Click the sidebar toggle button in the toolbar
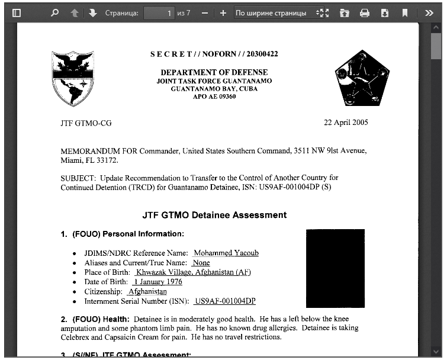tap(17, 12)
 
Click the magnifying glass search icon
tap(55, 12)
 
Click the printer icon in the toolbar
tap(365, 12)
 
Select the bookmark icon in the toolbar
tap(405, 12)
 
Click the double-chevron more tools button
tap(429, 12)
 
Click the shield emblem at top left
tap(73, 78)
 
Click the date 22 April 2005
tap(346, 123)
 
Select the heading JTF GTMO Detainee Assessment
tap(214, 215)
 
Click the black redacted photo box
tap(335, 268)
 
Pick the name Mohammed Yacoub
tap(226, 253)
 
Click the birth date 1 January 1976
tap(157, 282)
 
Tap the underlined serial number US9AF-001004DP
tap(225, 301)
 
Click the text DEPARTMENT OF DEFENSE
tap(214, 72)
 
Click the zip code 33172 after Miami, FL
tap(107, 160)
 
